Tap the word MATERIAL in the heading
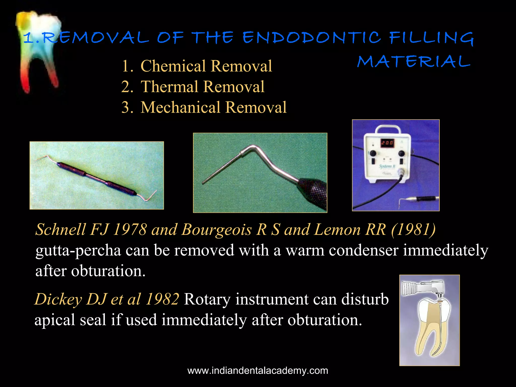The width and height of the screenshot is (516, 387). [413, 61]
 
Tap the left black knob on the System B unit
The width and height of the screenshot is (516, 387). [373, 153]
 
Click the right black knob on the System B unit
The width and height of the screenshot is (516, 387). [401, 153]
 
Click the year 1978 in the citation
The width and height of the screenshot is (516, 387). [130, 230]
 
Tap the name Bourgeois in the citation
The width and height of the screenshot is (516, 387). [216, 230]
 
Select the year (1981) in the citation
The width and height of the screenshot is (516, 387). [413, 230]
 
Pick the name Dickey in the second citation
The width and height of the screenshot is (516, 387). [58, 299]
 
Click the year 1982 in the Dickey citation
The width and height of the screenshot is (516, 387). [162, 299]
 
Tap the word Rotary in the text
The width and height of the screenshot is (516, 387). [207, 299]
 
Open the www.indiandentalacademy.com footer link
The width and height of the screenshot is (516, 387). [258, 371]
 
